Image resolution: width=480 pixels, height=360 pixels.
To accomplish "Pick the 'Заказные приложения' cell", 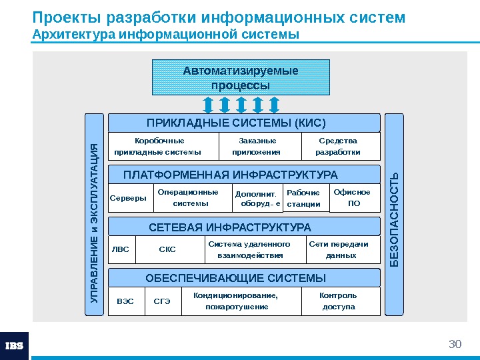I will coord(259,147).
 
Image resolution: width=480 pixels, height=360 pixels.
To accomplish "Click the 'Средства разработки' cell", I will coord(340,147).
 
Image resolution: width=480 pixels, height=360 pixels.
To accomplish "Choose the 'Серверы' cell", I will coord(129,198).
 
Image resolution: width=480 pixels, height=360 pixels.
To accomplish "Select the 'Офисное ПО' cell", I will coord(354,198).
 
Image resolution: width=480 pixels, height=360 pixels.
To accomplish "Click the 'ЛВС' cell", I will coord(121,249).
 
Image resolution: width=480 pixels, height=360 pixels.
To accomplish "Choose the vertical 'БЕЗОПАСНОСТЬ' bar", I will coord(395,214).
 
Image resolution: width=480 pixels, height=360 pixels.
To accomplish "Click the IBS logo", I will coord(14,345).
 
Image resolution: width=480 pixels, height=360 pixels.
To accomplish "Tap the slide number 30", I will coord(455,344).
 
